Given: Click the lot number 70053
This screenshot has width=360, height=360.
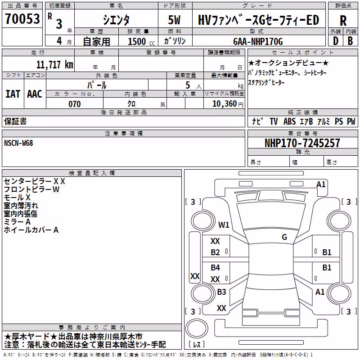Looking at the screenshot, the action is coord(22,18).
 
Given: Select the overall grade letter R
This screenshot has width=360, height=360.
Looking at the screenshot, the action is coord(343,21).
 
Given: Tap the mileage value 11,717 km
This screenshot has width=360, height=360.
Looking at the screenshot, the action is coord(55,65).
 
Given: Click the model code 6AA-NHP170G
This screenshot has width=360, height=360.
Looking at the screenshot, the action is coord(258,41).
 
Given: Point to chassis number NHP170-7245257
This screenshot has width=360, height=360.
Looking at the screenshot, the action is coord(302,143).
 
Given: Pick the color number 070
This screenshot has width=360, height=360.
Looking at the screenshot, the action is coord(75,104).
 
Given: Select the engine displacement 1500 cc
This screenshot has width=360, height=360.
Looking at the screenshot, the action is coord(141,41).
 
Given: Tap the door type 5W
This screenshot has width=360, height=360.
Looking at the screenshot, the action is coord(174,20).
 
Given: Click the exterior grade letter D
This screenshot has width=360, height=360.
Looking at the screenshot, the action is coord(336,41).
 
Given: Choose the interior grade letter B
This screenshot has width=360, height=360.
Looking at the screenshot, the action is coord(350,41).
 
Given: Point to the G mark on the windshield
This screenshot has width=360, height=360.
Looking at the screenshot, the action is coord(284,237).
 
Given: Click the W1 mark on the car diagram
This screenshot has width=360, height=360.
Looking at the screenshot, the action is coord(224,225).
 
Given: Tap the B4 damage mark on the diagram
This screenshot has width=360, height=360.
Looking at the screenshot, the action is coord(216,268).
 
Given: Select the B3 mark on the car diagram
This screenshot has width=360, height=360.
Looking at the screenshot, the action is coord(221,292).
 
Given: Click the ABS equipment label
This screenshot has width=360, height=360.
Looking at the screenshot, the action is coord(289,121).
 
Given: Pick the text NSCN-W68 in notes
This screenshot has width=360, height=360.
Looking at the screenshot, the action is coord(18,143).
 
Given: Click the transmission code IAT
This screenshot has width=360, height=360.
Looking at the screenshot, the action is coord(13,94).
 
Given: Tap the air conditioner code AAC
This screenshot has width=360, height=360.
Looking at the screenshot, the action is coord(35,94).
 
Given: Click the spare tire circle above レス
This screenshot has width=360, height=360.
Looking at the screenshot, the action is coord(197,328).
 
